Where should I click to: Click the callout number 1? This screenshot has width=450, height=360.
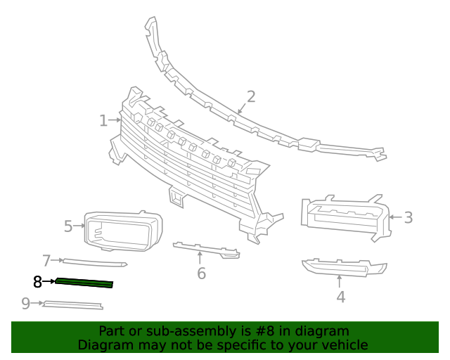pyautogui.click(x=103, y=121)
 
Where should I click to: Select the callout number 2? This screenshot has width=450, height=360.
pyautogui.click(x=251, y=96)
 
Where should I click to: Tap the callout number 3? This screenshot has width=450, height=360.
pyautogui.click(x=408, y=218)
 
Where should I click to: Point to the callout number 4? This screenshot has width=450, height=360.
pyautogui.click(x=341, y=297)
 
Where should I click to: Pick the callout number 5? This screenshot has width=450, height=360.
pyautogui.click(x=68, y=226)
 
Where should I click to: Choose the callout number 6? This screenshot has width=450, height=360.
pyautogui.click(x=201, y=274)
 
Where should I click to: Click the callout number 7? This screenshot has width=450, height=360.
pyautogui.click(x=47, y=261)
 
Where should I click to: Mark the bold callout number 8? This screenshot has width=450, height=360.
pyautogui.click(x=38, y=282)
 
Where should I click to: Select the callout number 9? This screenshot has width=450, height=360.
pyautogui.click(x=26, y=304)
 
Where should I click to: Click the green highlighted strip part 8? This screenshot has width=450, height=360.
pyautogui.click(x=84, y=283)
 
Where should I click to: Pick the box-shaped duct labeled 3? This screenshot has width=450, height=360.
pyautogui.click(x=345, y=214)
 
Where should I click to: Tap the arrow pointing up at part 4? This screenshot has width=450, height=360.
pyautogui.click(x=340, y=282)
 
